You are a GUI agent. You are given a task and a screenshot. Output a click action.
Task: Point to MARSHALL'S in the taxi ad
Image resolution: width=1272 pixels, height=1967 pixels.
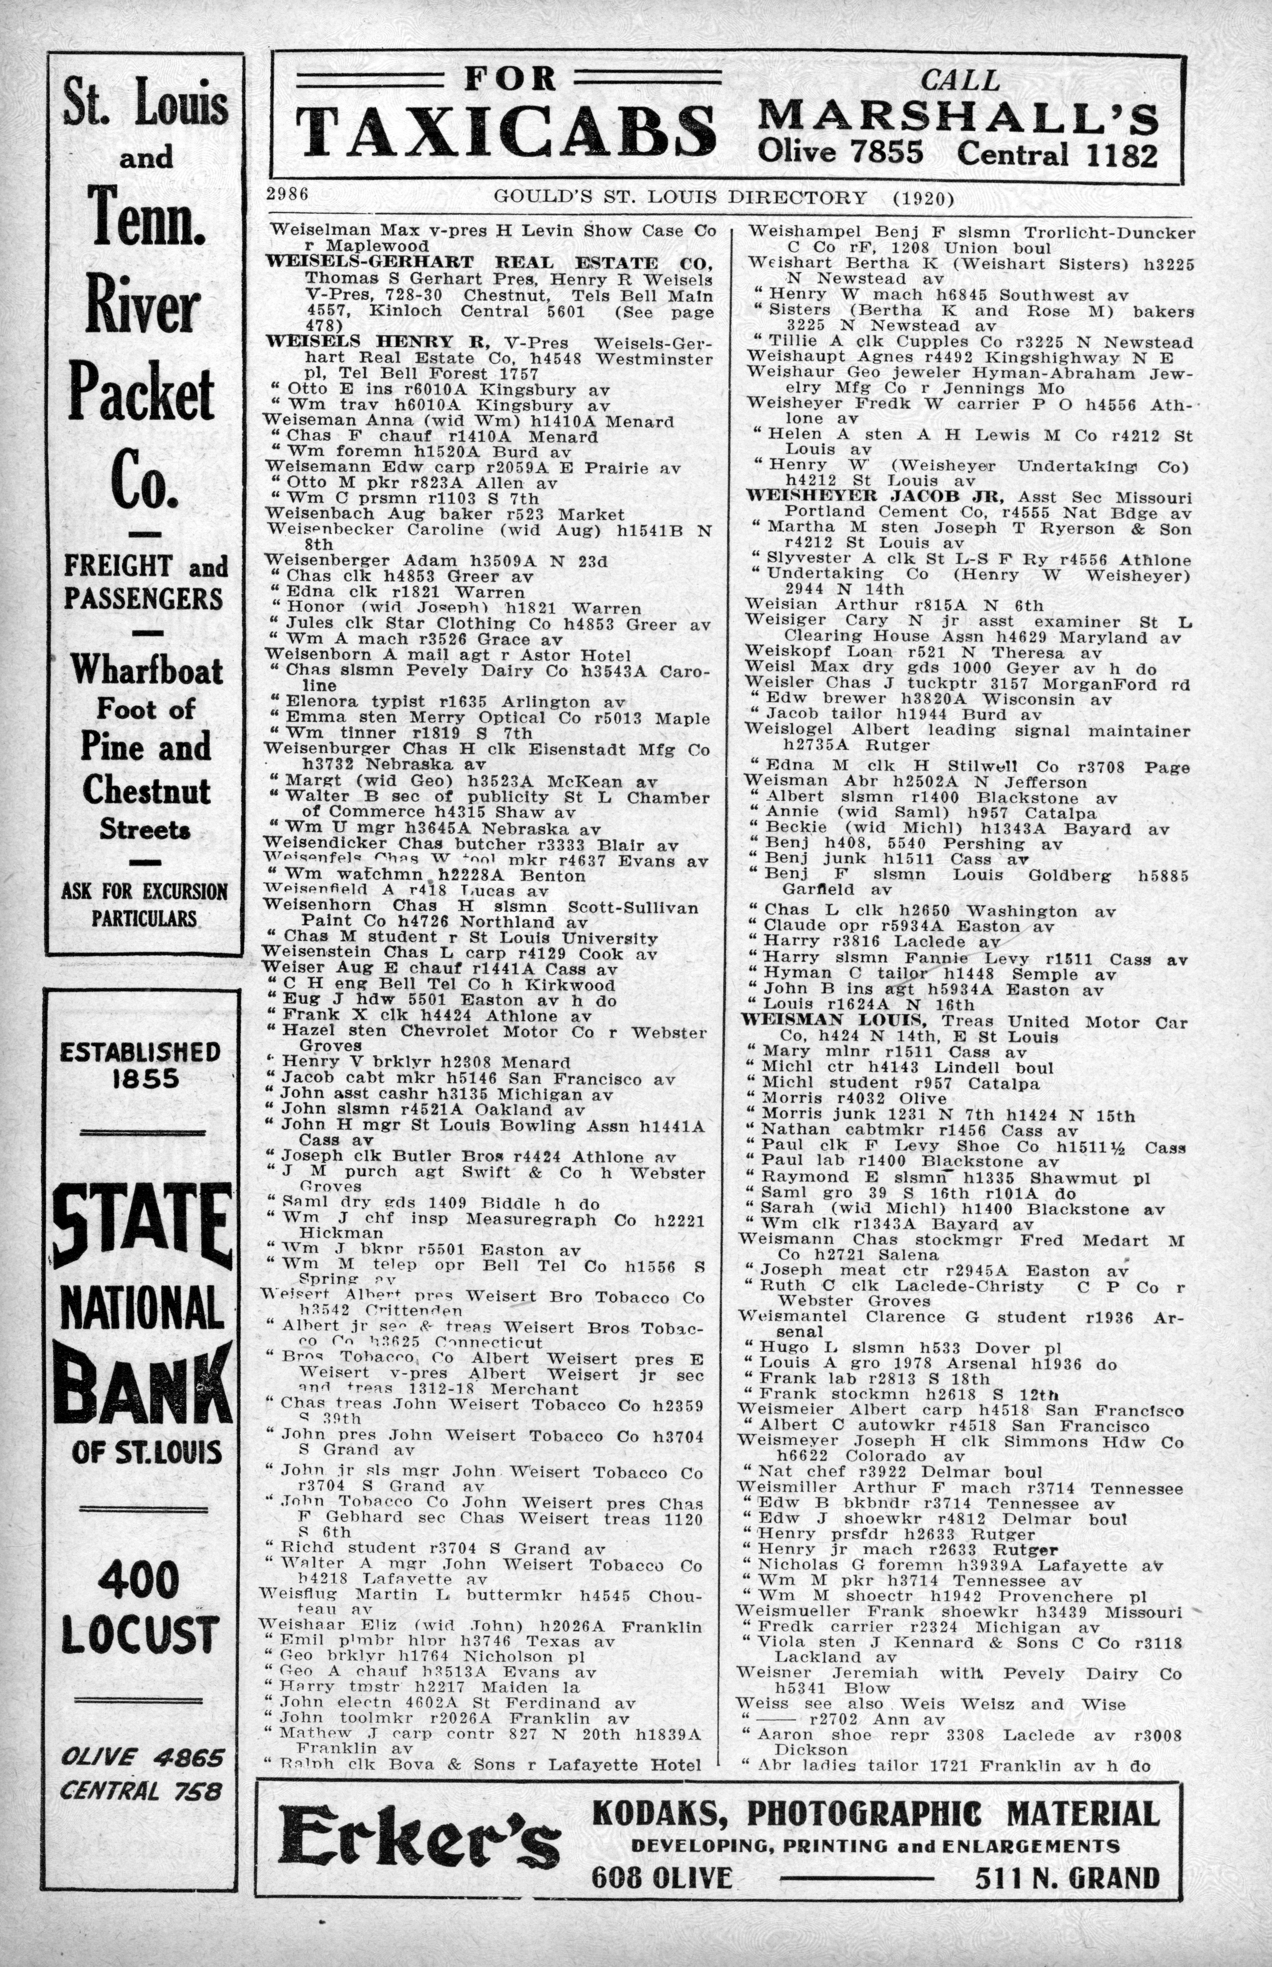(958, 116)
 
